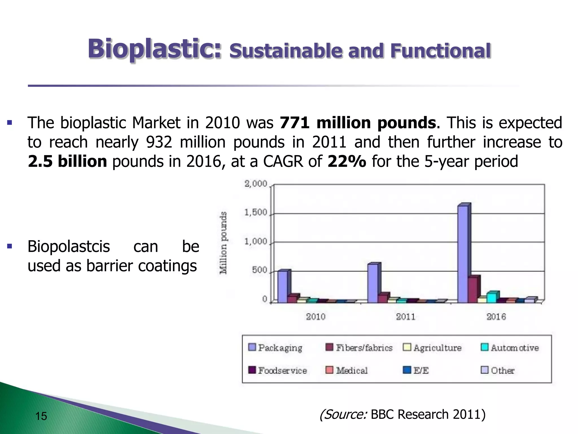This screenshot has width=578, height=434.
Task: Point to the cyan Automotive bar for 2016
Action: tap(491, 298)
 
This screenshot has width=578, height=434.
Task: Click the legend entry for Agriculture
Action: tap(432, 348)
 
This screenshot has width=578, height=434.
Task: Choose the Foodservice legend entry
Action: tap(278, 370)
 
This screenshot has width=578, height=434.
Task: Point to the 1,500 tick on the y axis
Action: tap(255, 212)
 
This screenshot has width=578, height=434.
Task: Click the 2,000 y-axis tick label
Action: tap(255, 184)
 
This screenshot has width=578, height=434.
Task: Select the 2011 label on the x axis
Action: tap(406, 317)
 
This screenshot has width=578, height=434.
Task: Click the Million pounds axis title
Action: tap(223, 243)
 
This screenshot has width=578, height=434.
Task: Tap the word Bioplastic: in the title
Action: tap(155, 49)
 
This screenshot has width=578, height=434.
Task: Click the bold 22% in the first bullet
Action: tap(347, 161)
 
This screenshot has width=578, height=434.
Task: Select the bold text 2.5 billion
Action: tap(67, 161)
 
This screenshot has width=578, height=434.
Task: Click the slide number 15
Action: tap(41, 416)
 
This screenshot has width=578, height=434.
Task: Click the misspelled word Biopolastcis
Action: tap(69, 246)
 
